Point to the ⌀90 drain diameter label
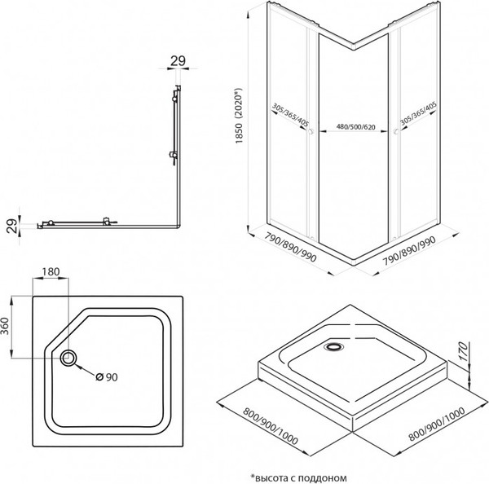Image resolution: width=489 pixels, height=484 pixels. pos(108,376)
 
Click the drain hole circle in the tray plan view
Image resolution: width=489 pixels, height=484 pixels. pos(67,357)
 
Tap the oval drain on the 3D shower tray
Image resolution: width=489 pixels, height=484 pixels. pos(333,345)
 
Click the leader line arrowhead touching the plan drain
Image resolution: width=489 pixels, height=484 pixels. pos(76,364)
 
